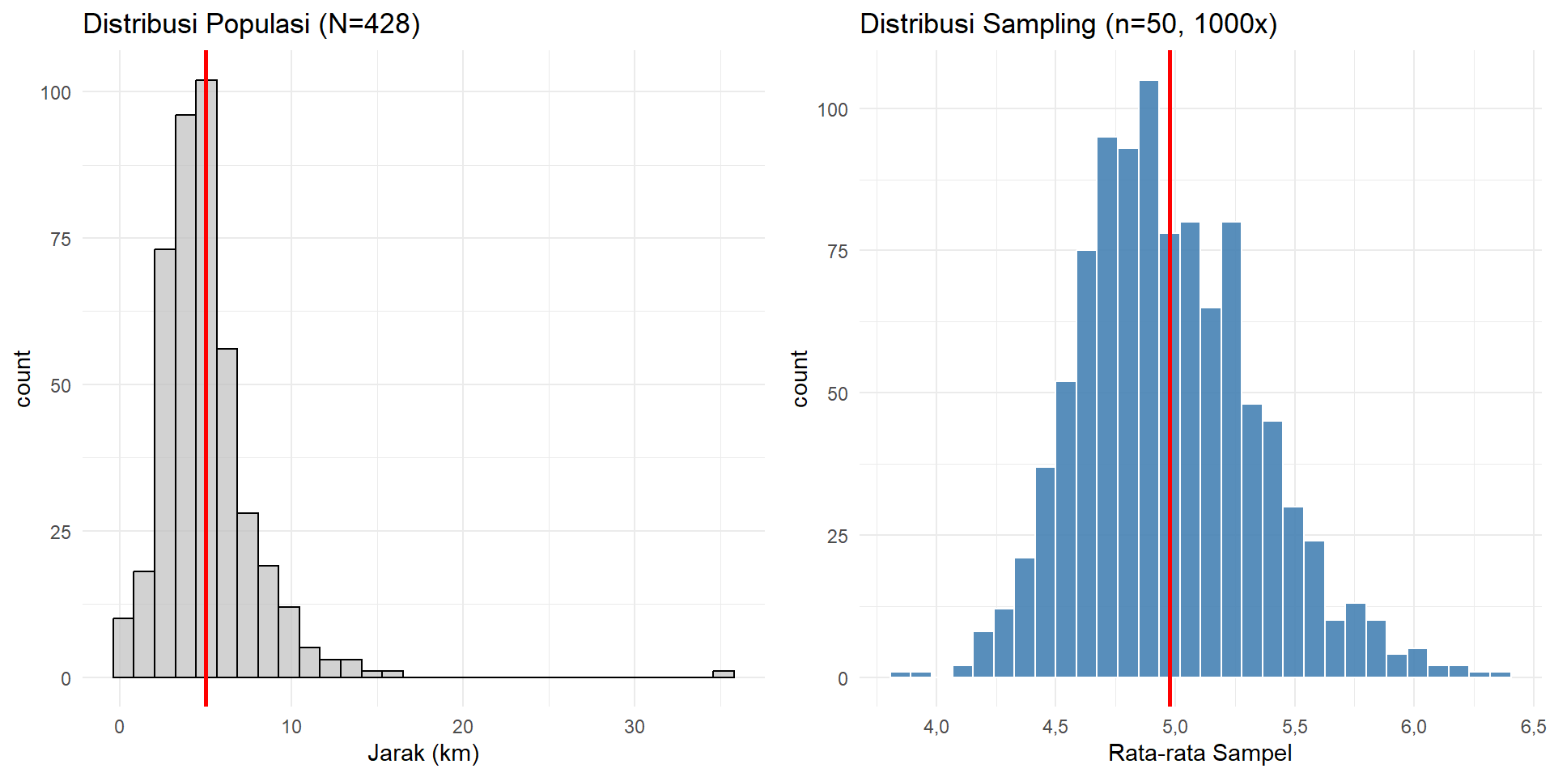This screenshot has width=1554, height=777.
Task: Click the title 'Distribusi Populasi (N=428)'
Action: pos(252,24)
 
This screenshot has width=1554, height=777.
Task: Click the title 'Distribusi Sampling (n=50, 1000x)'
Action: pos(1068,24)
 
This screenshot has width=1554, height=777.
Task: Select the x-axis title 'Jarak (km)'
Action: pos(423,754)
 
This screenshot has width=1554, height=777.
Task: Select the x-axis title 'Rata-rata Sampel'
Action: pos(1199,754)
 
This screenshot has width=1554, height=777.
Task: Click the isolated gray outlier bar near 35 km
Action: pos(724,673)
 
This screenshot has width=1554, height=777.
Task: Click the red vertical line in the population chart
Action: pos(206,486)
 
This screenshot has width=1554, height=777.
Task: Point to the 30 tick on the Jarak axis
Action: pos(635,727)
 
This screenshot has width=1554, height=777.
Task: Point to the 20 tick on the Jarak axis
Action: pos(463,727)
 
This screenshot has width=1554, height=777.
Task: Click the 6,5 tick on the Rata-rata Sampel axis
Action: pos(1532,727)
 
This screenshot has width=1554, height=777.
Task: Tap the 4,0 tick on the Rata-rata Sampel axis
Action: pos(936,727)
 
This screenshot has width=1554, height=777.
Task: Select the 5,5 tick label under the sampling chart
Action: pos(1294,727)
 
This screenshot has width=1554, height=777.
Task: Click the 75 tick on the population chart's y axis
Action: pos(60,240)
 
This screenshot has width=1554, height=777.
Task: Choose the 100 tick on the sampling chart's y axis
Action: pos(833,110)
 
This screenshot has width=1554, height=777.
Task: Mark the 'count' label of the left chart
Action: pos(23,378)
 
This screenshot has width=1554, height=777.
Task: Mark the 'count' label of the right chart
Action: pos(800,378)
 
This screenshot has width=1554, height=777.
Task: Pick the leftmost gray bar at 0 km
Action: pos(123,647)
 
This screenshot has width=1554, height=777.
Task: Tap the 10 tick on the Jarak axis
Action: pos(291,727)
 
